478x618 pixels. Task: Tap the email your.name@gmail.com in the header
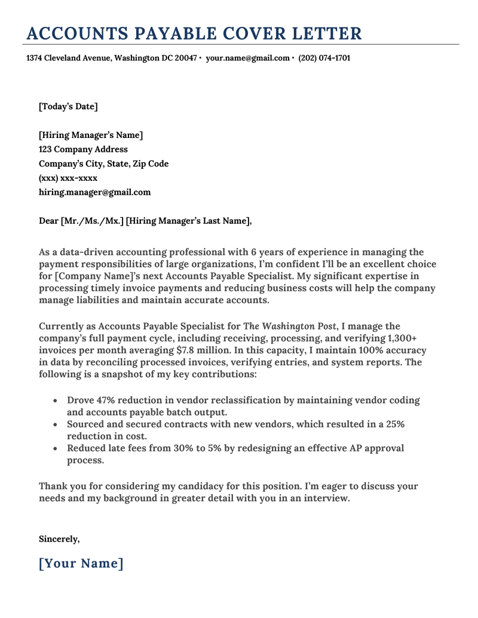click(x=247, y=59)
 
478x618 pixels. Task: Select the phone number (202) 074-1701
click(x=324, y=59)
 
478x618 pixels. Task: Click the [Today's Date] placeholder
click(x=68, y=107)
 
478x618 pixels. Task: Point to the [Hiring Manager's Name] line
click(x=91, y=136)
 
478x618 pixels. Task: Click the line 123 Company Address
click(x=83, y=150)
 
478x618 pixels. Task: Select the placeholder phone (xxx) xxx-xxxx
click(x=68, y=179)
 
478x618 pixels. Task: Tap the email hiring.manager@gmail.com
click(x=94, y=193)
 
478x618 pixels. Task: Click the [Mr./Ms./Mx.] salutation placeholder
click(x=92, y=222)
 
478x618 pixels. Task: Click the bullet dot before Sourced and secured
click(x=56, y=425)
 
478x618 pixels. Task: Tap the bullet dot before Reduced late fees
click(x=56, y=449)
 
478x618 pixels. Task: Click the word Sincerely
click(x=59, y=539)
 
